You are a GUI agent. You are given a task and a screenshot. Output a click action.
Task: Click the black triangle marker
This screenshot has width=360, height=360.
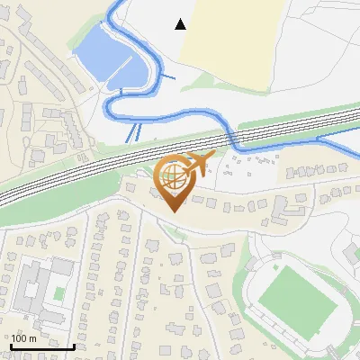click(181, 24)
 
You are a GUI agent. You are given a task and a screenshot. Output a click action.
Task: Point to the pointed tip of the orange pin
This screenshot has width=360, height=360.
click(172, 211)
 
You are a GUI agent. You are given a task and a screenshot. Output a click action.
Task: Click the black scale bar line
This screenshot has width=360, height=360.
click(41, 346)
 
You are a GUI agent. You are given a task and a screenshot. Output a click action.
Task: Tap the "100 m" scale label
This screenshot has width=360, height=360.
click(23, 338)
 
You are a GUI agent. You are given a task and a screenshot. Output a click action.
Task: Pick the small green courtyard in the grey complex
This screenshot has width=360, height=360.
click(59, 293)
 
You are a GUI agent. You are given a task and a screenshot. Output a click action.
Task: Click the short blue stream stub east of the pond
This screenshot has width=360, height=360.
click(166, 78)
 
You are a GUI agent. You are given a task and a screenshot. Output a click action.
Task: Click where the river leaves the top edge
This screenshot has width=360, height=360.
click(112, 4)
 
